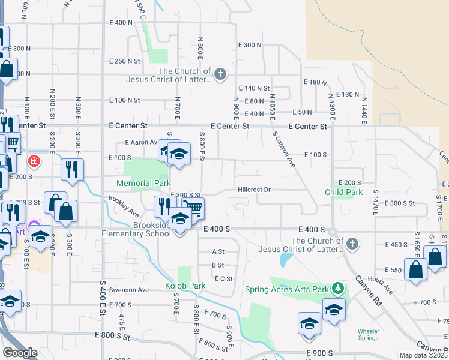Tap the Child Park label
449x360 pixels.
point(343,192)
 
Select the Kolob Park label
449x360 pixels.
point(185,286)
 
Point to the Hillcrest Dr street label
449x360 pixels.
point(254,190)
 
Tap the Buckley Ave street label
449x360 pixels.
point(124,206)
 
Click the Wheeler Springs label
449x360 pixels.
point(369,334)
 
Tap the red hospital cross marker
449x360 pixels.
point(35,161)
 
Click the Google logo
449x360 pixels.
point(19,352)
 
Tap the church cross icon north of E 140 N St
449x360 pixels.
point(220,74)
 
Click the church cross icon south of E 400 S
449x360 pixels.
point(352,243)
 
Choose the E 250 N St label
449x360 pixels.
point(125,61)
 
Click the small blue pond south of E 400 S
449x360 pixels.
point(285,260)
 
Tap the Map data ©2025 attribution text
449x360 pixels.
point(424,355)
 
